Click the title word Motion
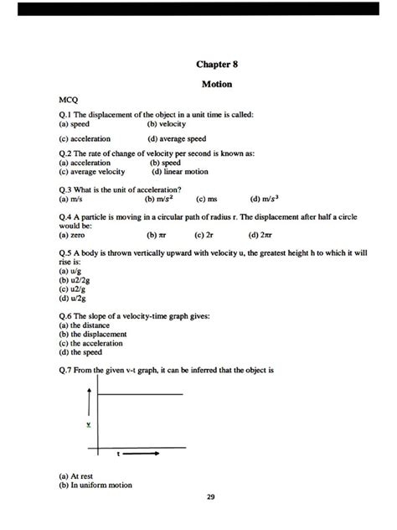(217, 85)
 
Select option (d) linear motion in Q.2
(180, 171)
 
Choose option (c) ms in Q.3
(207, 200)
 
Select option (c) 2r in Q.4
(205, 236)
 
